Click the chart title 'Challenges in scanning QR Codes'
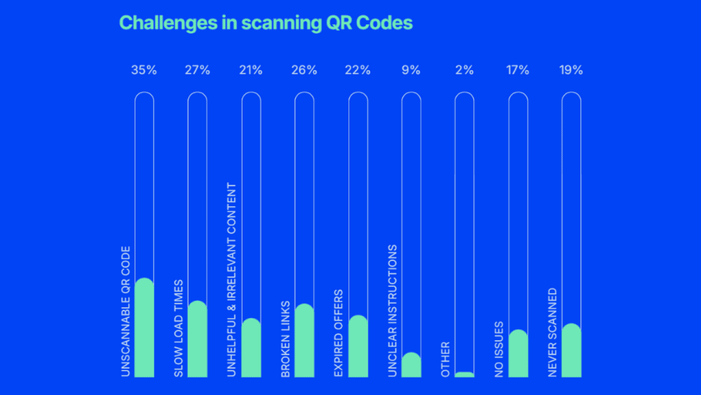[266, 22]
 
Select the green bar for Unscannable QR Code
[144, 329]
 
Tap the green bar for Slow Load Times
[197, 340]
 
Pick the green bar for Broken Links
[304, 341]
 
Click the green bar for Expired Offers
[358, 347]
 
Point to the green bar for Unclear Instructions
[411, 365]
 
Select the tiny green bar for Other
[464, 375]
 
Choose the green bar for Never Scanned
[571, 351]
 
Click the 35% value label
[144, 70]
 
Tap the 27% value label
[197, 70]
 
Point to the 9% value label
[411, 70]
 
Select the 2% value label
[464, 70]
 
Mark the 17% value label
[518, 70]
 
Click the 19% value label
[571, 70]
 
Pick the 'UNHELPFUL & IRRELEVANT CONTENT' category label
[232, 280]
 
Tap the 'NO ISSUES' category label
[499, 349]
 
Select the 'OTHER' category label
[445, 359]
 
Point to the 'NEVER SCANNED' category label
[553, 332]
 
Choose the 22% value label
[358, 70]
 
